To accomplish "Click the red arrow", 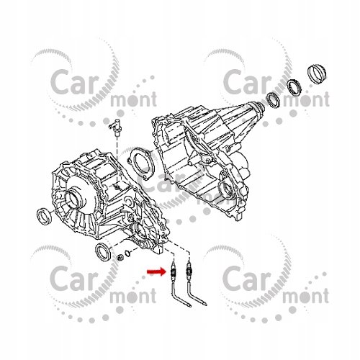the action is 157,271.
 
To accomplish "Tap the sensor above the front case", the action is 116,127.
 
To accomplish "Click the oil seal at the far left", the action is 44,216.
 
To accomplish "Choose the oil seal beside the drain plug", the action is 103,251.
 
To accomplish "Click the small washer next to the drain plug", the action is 127,253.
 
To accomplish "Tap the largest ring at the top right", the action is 318,73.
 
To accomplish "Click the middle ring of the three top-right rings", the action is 294,86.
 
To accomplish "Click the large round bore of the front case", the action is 74,200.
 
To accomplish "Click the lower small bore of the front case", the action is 141,233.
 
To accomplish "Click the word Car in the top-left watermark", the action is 75,81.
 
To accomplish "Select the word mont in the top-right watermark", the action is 306,99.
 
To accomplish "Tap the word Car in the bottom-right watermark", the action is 247,278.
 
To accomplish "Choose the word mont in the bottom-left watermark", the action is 133,295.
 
